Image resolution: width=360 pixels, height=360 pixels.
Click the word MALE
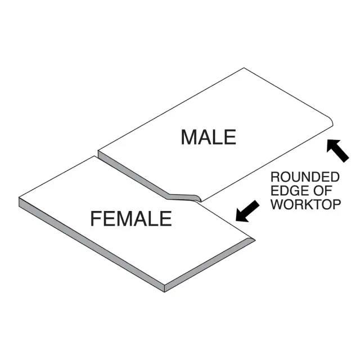tap(208, 137)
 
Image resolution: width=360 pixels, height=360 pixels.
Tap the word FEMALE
tap(131, 218)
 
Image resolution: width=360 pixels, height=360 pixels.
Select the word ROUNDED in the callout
tap(305, 177)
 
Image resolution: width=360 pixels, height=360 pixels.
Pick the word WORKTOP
tap(306, 204)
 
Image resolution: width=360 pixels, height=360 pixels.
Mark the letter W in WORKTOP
tap(277, 204)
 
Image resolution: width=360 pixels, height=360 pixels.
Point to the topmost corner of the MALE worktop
tap(244, 69)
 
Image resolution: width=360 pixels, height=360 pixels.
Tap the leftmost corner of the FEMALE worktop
tap(20, 199)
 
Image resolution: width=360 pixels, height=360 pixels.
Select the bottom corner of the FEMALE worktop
tap(164, 290)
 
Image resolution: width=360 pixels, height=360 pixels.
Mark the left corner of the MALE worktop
tap(99, 152)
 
